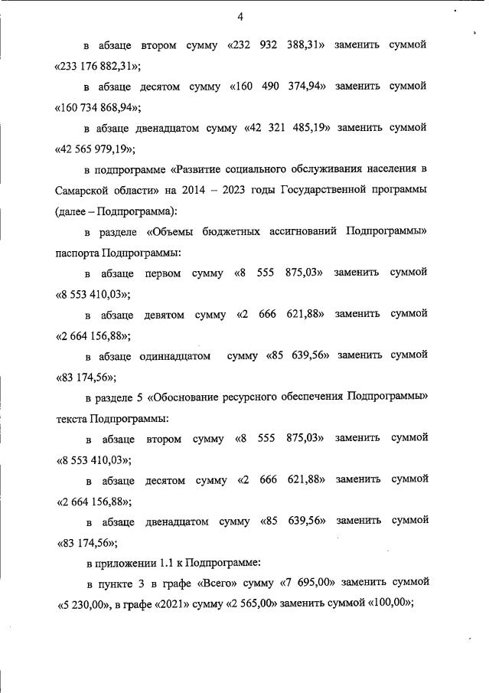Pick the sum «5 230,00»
tap(83, 603)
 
